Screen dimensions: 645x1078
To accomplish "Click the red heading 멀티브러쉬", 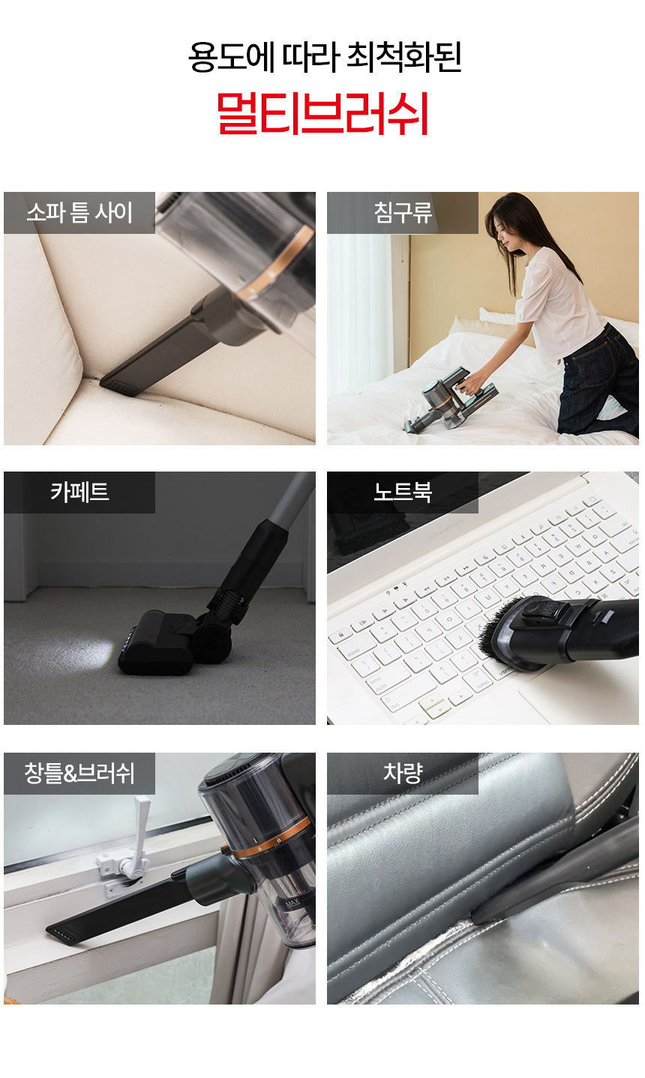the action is [322, 114].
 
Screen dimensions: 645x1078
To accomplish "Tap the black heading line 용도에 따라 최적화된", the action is [325, 57].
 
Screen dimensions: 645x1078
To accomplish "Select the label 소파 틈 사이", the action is [79, 213].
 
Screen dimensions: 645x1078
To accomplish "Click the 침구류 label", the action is [403, 213].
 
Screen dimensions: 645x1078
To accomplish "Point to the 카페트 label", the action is [79, 492].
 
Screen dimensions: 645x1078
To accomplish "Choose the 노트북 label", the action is [403, 492].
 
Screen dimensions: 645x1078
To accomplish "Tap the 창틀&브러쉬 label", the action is [79, 773].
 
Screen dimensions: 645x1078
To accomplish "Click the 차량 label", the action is [403, 773].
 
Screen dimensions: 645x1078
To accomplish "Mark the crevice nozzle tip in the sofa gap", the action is [115, 385].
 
